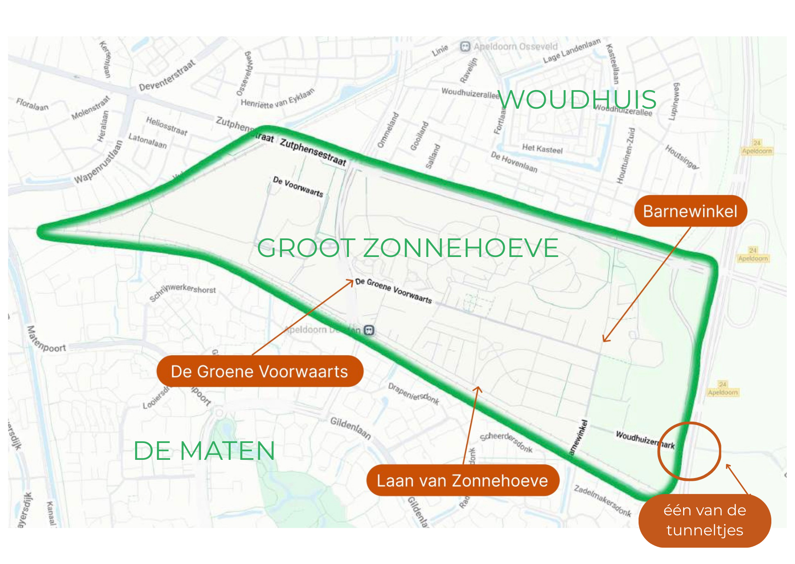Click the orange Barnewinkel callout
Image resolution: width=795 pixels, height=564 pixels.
point(690,211)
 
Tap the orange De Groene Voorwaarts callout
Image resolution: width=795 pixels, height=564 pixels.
point(259,372)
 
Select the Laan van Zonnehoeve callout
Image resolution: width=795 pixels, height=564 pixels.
point(462,481)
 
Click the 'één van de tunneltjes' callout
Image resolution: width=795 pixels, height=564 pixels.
point(704,520)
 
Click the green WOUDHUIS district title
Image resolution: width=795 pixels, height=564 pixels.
point(577,100)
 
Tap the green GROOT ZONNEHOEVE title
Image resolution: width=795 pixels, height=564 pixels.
point(408,248)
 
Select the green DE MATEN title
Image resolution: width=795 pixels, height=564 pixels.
point(204,451)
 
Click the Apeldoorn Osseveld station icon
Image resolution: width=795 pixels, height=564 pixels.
point(464,47)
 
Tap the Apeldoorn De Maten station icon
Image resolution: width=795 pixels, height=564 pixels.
point(369,330)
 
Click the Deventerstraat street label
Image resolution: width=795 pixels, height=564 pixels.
point(167,75)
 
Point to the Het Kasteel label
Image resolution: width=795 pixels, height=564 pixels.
point(542,148)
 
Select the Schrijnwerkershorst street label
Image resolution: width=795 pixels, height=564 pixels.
point(183,292)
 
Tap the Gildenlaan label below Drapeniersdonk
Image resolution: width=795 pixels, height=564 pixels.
point(350,428)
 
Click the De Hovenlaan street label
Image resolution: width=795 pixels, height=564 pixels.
point(514,162)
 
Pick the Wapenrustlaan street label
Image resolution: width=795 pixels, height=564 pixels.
point(99,162)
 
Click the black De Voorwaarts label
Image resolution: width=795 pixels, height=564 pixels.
point(298,186)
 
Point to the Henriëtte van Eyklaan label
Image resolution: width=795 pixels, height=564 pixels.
point(277,99)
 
